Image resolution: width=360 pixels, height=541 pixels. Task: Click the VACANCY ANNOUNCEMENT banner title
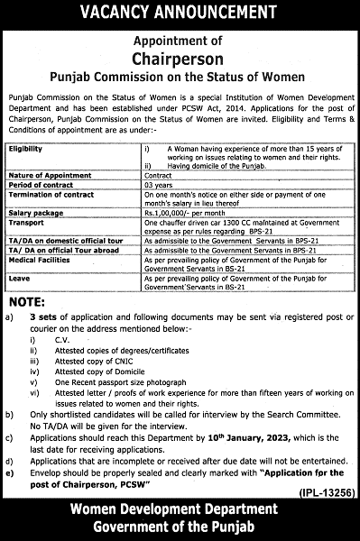tap(180, 13)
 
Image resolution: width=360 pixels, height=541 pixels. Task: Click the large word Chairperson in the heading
tap(180, 57)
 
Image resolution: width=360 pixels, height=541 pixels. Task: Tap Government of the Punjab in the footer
tap(180, 527)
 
